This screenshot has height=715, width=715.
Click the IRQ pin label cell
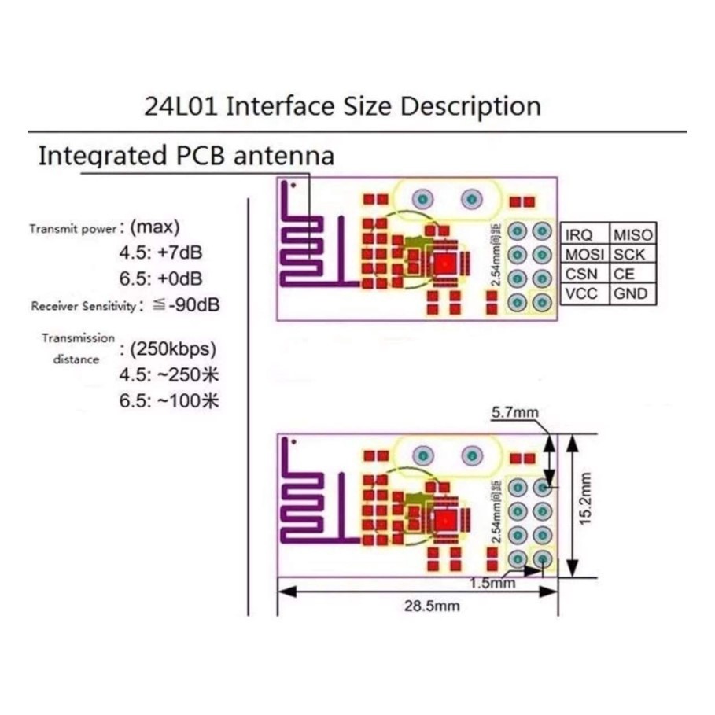point(582,234)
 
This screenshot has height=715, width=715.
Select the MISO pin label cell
point(632,234)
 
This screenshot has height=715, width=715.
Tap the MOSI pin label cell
point(583,253)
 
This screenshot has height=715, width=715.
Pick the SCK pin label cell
point(629,253)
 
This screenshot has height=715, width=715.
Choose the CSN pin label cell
point(582,274)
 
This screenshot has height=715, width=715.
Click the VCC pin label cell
point(582,294)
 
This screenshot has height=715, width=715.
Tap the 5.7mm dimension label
point(515,411)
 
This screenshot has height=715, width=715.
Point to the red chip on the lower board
point(445,519)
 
